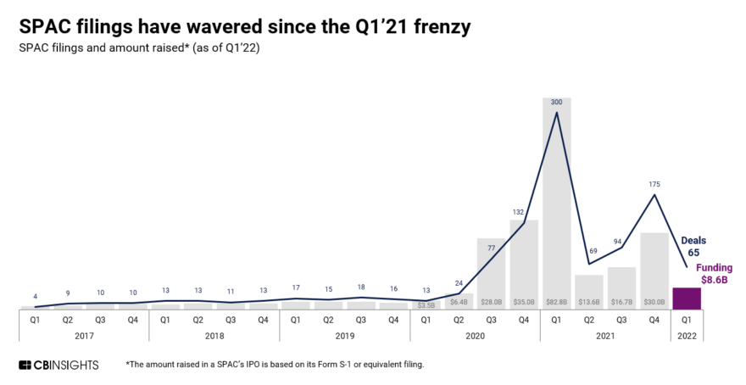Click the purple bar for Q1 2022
point(687,298)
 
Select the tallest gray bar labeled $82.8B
point(556,204)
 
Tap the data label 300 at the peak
point(556,102)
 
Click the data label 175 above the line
point(654,183)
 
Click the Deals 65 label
point(693,247)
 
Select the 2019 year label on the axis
point(344,335)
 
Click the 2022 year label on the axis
point(687,335)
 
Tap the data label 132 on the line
point(524,211)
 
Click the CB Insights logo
point(59,365)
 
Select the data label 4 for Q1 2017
point(35,296)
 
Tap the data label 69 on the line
point(589,253)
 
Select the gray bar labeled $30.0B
point(654,267)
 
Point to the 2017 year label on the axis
point(83,335)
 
